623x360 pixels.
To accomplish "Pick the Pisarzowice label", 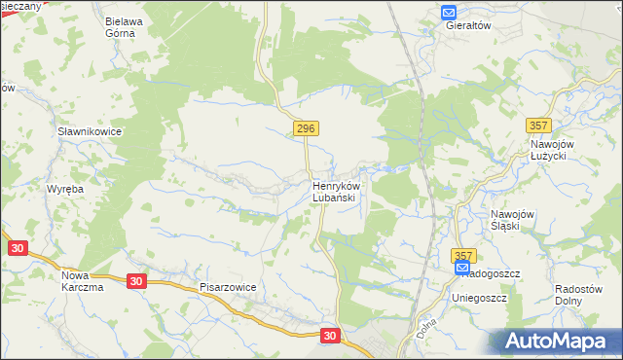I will click(x=228, y=288).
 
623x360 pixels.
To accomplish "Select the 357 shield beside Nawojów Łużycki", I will click(x=538, y=126).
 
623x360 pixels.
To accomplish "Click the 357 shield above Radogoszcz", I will click(x=463, y=254).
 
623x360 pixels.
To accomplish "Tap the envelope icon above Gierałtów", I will click(x=449, y=12).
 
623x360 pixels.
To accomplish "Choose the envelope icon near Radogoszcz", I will click(x=461, y=268).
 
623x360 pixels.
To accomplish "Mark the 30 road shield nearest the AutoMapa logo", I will click(x=331, y=335).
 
